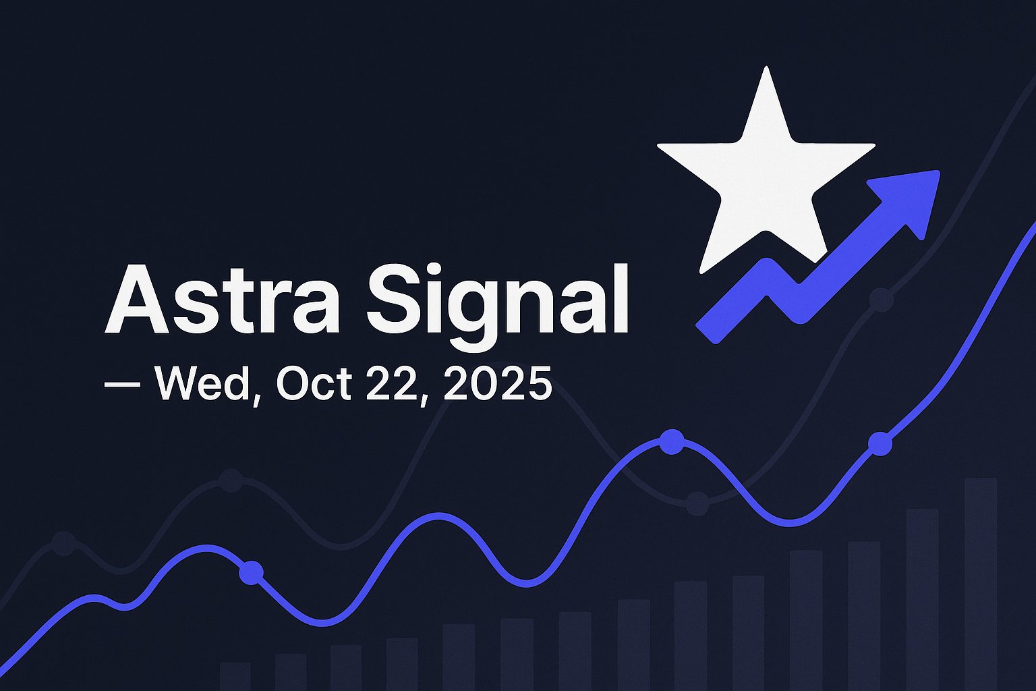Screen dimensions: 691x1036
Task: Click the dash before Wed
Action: pos(122,384)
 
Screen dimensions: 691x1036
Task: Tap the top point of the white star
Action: pos(766,70)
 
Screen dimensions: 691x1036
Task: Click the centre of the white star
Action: pos(766,179)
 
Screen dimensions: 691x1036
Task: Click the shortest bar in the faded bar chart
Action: pos(235,676)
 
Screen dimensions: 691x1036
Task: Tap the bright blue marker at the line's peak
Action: pos(672,442)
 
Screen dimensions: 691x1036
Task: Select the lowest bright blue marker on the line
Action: pos(252,572)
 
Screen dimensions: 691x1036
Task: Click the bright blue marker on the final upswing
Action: pos(880,444)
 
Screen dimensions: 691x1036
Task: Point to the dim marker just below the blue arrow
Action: pos(881,298)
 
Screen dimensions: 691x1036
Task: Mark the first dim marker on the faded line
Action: pos(64,543)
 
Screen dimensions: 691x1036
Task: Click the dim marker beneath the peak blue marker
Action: pos(697,503)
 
